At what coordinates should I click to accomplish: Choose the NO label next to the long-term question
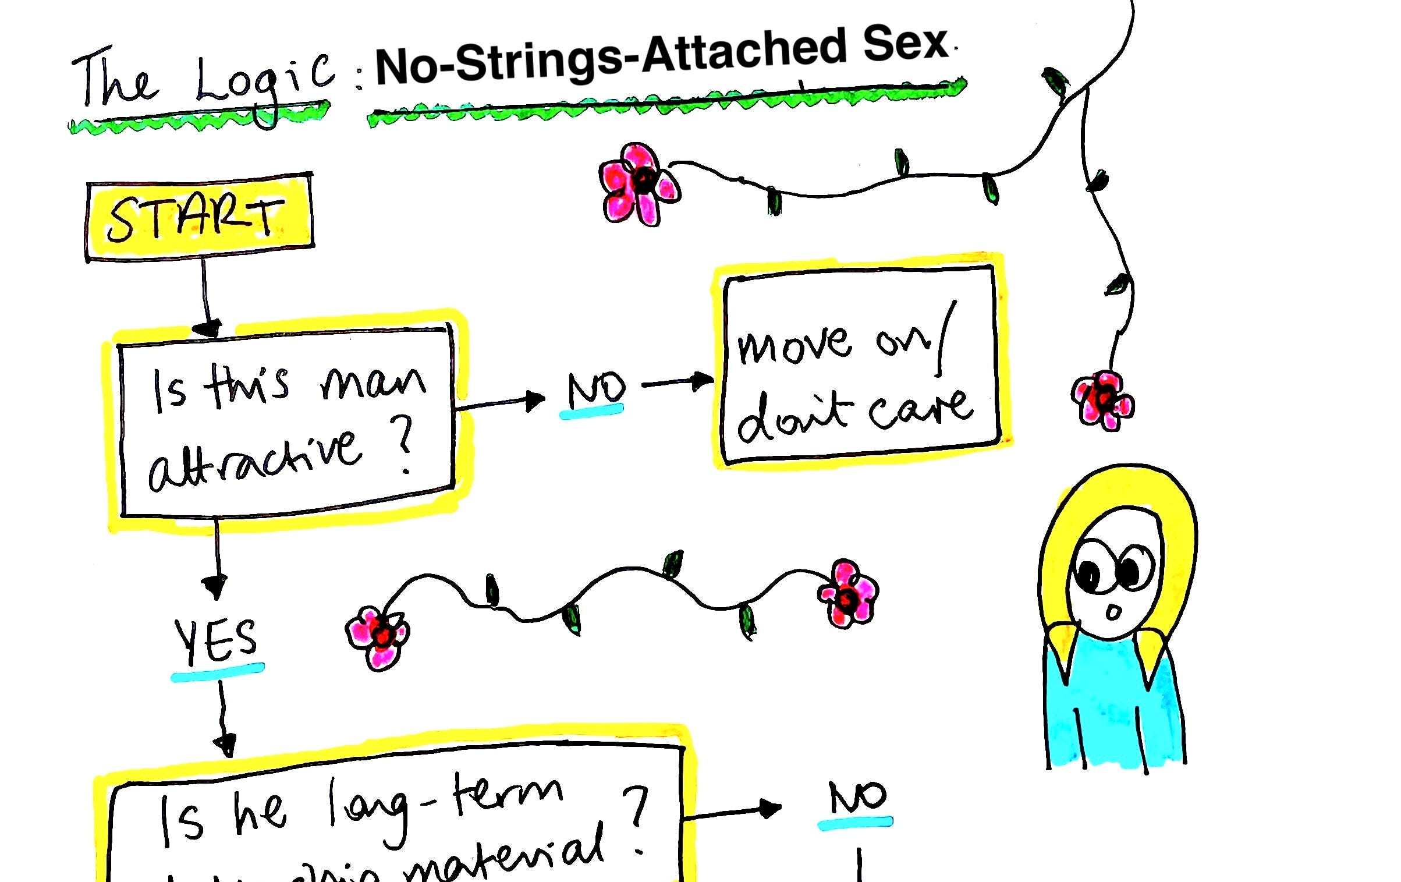click(x=857, y=798)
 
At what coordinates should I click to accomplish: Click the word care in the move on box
click(x=920, y=410)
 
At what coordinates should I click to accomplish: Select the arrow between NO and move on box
click(x=678, y=382)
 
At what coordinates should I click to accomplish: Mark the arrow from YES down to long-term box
click(x=223, y=719)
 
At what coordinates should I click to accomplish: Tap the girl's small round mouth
click(x=1113, y=612)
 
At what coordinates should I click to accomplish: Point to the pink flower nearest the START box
click(x=639, y=183)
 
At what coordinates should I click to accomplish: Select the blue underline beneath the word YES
click(x=217, y=672)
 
